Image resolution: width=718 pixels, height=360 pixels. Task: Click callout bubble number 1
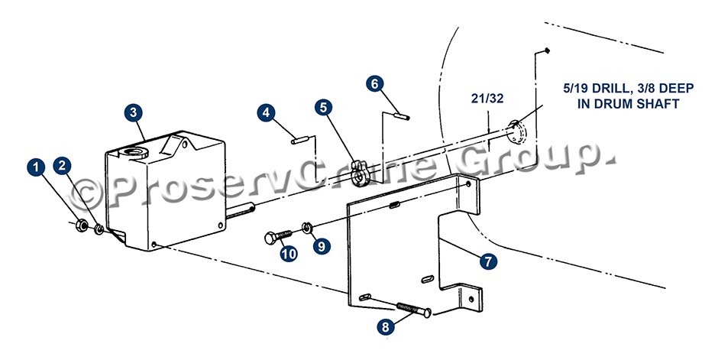36,167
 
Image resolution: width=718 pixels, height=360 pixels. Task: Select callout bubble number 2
63,166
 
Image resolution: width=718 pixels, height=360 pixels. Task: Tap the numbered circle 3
133,112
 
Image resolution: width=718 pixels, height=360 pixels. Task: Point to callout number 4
266,112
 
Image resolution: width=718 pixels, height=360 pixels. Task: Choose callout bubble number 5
324,108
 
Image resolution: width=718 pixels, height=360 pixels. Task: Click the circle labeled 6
375,83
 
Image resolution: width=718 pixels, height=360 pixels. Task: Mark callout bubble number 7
488,261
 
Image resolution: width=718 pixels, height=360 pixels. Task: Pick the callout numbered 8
386,326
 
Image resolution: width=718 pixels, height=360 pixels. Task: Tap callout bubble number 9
322,246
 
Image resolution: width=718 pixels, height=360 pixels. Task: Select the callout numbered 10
289,254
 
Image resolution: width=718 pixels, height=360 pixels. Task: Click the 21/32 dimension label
487,99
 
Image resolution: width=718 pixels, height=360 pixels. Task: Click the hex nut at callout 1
81,225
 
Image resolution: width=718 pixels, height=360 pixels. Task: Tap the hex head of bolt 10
270,238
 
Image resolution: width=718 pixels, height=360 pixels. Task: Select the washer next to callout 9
307,226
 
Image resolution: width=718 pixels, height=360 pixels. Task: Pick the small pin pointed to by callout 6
402,116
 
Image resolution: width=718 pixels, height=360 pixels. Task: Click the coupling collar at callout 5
361,174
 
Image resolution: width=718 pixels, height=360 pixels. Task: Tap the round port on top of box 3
135,153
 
